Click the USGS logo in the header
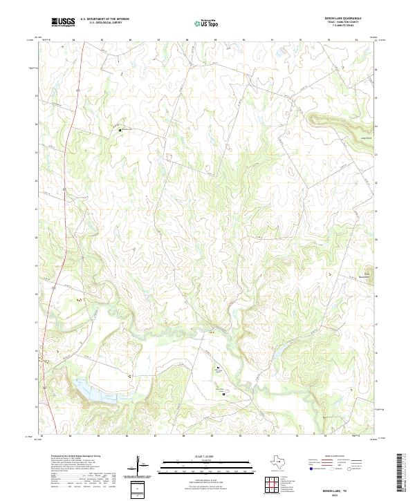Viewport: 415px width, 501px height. pyautogui.click(x=63, y=22)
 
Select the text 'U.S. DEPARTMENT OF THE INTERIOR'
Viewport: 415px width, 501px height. pyautogui.click(x=104, y=19)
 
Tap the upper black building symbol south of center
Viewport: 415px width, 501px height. pyautogui.click(x=217, y=367)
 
